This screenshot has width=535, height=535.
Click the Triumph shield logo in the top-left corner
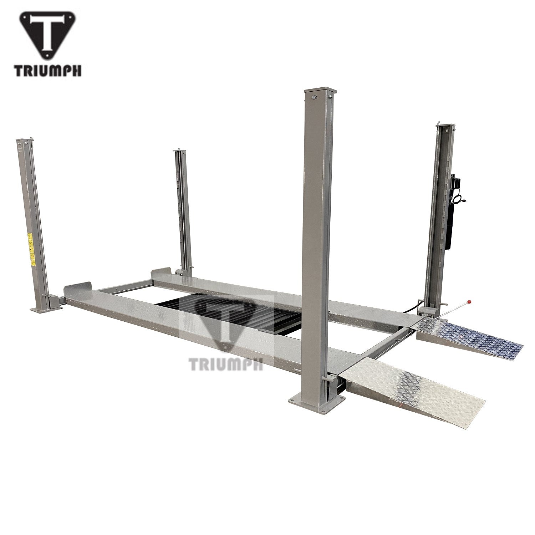(48, 36)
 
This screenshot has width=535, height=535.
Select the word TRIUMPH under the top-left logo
(48, 71)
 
